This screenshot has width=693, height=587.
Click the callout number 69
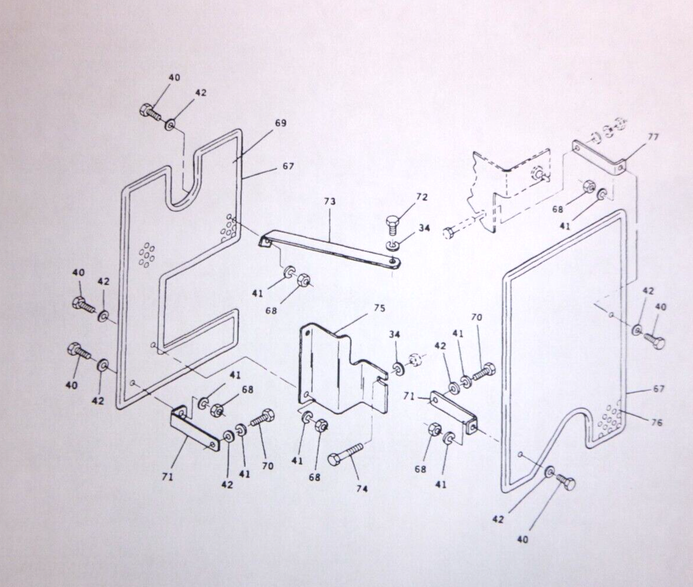point(280,123)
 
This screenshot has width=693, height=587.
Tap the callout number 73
point(330,202)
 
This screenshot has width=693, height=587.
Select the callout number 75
point(379,308)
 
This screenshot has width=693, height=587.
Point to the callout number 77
point(653,137)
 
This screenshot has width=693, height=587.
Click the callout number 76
point(657,422)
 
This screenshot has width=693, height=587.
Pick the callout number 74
point(362,489)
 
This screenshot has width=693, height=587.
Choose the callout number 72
point(422,197)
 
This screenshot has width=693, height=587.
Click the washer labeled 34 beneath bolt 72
point(391,245)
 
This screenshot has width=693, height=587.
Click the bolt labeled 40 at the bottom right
point(565,482)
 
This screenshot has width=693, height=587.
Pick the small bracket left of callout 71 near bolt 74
point(453,410)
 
